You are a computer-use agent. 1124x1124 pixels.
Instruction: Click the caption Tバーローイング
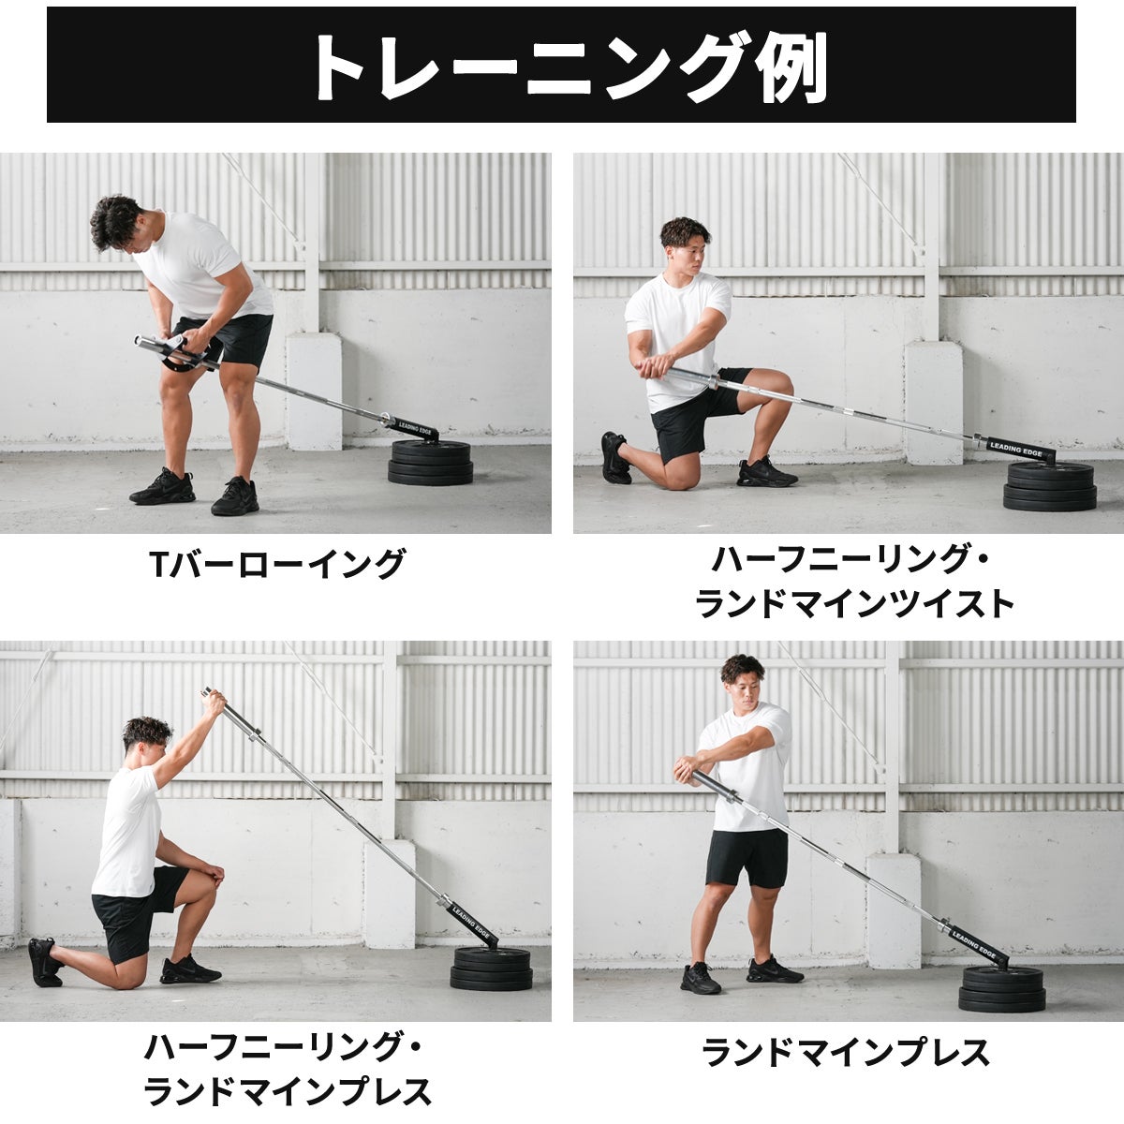click(x=277, y=564)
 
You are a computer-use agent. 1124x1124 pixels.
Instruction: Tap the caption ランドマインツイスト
click(x=855, y=604)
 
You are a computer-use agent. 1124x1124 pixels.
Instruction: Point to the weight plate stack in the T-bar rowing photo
click(x=431, y=463)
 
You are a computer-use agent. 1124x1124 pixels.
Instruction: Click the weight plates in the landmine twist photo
click(x=1050, y=486)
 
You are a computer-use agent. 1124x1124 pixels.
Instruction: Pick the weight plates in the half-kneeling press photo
click(x=491, y=969)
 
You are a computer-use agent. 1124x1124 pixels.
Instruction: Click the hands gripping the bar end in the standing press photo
click(x=687, y=770)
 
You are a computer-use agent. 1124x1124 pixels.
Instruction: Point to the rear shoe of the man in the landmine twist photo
click(x=614, y=458)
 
